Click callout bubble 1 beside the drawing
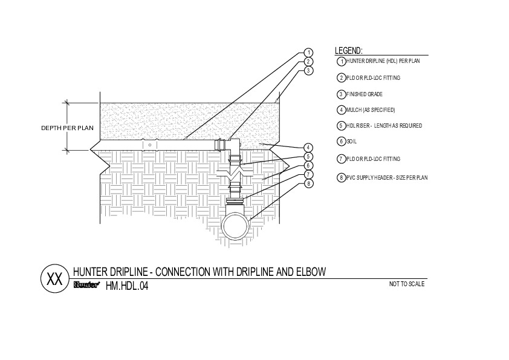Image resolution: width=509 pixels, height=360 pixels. (x=308, y=53)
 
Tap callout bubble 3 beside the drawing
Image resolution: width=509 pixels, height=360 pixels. (x=308, y=71)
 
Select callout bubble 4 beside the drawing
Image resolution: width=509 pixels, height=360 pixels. (x=308, y=148)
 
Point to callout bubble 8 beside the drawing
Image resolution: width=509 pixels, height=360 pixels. (x=308, y=183)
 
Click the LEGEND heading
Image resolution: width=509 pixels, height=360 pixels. (x=348, y=51)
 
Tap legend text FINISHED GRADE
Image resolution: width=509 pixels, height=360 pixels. (x=365, y=94)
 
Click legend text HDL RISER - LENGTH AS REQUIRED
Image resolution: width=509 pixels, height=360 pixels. (x=384, y=126)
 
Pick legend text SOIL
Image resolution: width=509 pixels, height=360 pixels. (x=351, y=142)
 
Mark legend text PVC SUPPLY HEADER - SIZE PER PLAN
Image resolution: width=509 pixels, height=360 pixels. (x=387, y=178)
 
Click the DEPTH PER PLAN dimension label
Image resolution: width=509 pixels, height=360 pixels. (x=67, y=128)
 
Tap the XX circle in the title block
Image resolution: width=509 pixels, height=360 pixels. (x=54, y=280)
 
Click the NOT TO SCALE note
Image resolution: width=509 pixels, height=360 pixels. (x=407, y=284)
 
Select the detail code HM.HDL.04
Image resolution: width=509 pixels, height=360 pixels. (x=126, y=287)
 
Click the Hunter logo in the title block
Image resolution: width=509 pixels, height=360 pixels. (x=86, y=285)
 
